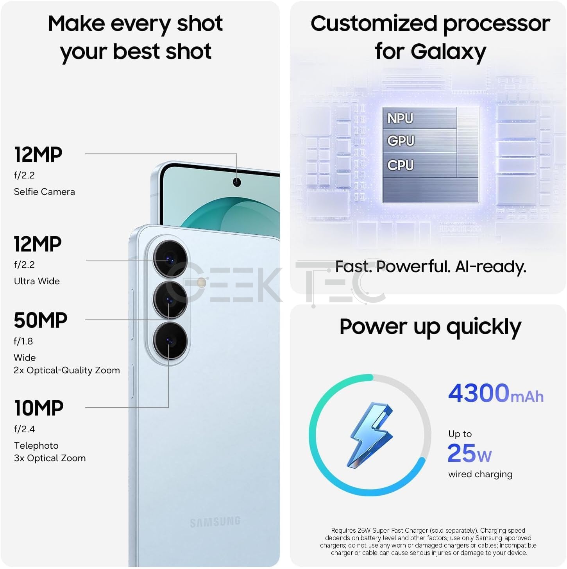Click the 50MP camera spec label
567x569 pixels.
tap(41, 320)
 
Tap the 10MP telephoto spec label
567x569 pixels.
tap(39, 408)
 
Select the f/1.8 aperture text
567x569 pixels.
tap(23, 341)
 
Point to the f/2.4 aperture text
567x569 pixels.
tap(24, 429)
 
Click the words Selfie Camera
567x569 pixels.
tap(44, 192)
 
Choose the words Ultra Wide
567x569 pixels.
tap(37, 281)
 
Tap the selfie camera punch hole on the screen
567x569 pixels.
tap(237, 182)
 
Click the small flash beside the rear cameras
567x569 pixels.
tap(202, 283)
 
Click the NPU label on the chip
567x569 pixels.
tap(400, 119)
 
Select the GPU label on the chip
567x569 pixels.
tap(401, 141)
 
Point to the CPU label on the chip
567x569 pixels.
tap(401, 165)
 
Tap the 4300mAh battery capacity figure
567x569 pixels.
tap(496, 394)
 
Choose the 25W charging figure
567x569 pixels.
tap(469, 453)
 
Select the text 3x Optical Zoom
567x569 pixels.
tap(50, 458)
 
